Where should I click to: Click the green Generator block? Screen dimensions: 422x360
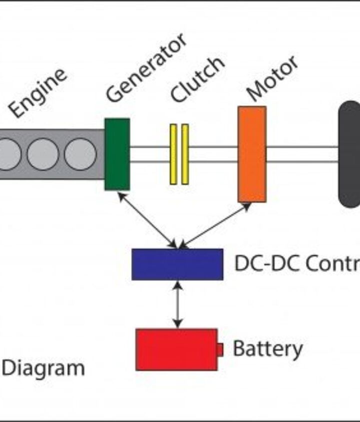click(117, 154)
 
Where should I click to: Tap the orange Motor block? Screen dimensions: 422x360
click(251, 154)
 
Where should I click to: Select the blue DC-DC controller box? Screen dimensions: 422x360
click(177, 264)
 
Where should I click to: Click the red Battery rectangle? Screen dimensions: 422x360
click(176, 349)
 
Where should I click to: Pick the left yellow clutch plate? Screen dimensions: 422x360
click(173, 154)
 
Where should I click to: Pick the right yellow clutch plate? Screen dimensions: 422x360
click(185, 154)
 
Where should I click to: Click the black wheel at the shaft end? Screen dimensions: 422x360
click(350, 154)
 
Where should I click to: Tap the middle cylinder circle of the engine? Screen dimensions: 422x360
click(42, 154)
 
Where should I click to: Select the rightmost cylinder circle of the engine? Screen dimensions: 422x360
click(79, 154)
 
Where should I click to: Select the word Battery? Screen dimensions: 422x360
click(267, 349)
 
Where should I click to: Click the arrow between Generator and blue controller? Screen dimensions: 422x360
click(147, 220)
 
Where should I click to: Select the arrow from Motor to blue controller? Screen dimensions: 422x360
click(215, 225)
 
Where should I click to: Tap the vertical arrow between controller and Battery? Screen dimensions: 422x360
click(176, 304)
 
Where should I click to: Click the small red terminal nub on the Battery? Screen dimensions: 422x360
click(220, 350)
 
